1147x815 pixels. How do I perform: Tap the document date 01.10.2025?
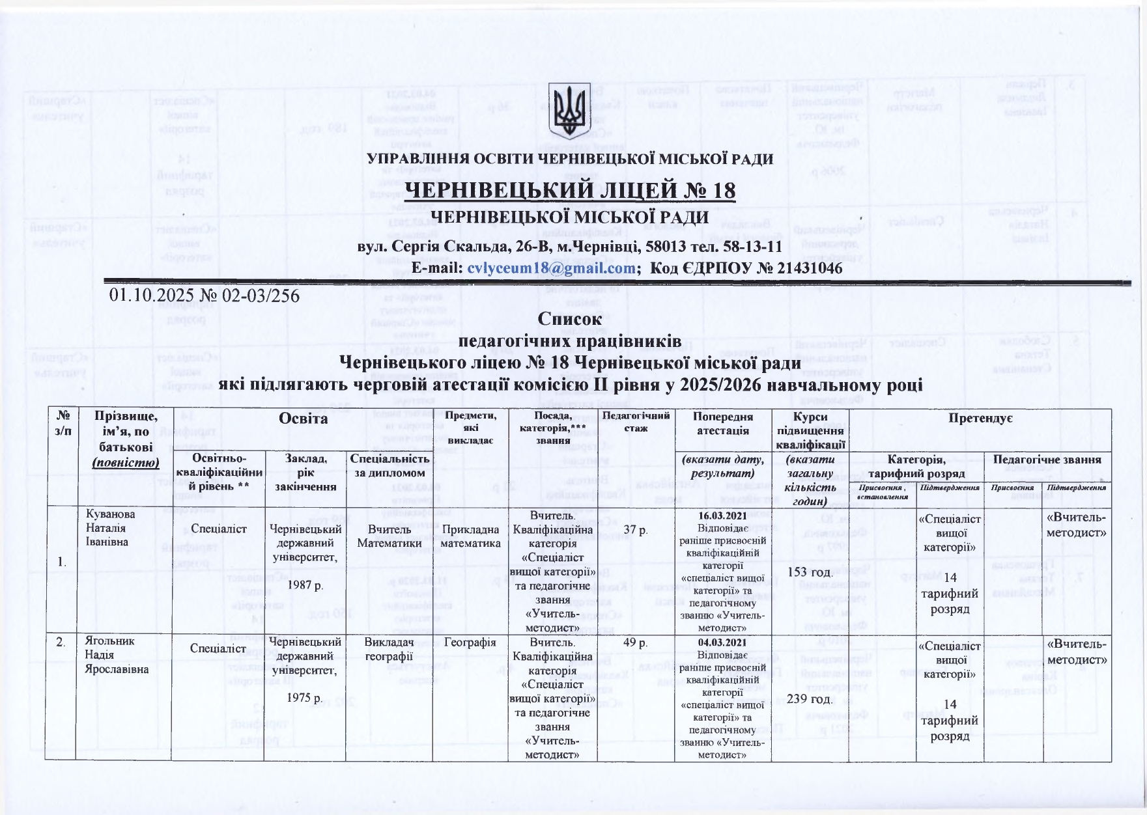[149, 296]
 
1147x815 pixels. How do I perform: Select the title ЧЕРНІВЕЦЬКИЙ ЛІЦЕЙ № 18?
[571, 191]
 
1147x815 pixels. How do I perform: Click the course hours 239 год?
[810, 699]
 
